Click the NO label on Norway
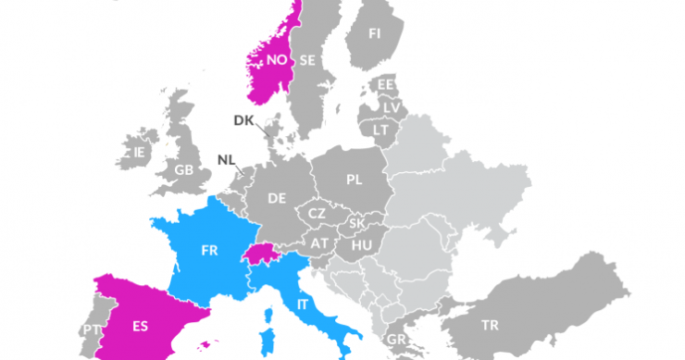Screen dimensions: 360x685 [x=276, y=60]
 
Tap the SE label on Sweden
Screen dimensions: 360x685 [x=307, y=61]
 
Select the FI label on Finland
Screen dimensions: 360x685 [x=374, y=33]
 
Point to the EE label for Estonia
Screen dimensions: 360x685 [x=385, y=85]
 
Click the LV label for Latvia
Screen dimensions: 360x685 [x=392, y=107]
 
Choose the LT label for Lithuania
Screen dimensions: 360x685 [x=380, y=130]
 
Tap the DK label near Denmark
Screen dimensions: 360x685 [x=243, y=120]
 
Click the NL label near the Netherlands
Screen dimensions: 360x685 [x=226, y=159]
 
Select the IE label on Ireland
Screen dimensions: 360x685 [x=140, y=151]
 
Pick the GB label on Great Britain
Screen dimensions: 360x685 [x=184, y=170]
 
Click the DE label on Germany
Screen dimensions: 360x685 [x=277, y=198]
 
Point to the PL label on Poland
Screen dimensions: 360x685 [x=354, y=180]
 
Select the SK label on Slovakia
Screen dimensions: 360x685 [x=356, y=224]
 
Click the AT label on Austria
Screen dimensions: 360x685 [x=320, y=243]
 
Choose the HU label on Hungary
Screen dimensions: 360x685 [x=362, y=243]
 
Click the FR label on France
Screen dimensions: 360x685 [x=209, y=250]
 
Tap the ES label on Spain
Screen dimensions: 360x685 [x=140, y=325]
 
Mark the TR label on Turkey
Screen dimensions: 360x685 [x=490, y=325]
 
